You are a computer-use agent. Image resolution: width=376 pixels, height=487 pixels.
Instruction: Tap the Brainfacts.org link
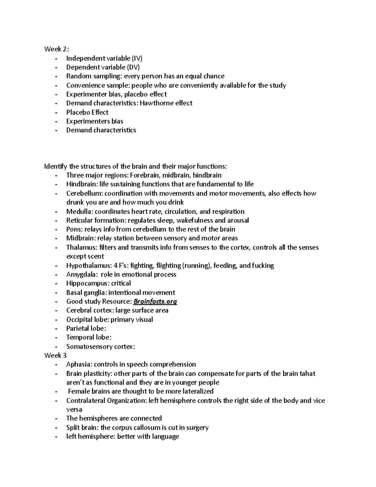tap(155, 301)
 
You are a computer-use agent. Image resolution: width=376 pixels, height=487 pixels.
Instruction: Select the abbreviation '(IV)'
tap(137, 58)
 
